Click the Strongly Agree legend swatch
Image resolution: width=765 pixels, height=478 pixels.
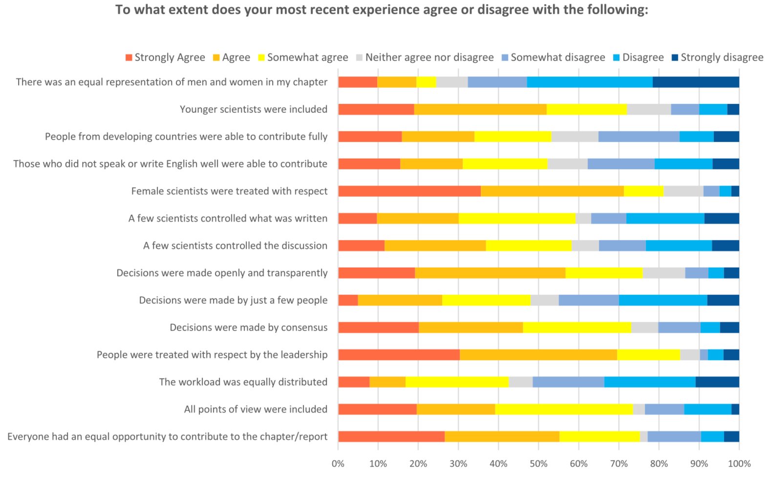pos(129,58)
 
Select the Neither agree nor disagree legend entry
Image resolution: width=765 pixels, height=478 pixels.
pos(429,58)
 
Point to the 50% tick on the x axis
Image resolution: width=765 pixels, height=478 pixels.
pos(538,463)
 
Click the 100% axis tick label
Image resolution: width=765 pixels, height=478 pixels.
pos(739,463)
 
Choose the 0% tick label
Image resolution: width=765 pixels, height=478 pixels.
pos(338,463)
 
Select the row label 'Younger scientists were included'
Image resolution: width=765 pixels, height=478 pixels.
pos(254,109)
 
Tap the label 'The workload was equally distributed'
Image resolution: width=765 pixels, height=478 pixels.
pos(243,382)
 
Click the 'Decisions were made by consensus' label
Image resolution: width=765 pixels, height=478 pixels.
pos(249,327)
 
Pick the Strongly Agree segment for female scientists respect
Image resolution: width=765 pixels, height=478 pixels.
pos(409,191)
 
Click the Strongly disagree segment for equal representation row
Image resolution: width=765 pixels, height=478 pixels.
pos(696,82)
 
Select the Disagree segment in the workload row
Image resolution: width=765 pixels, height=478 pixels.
pos(650,382)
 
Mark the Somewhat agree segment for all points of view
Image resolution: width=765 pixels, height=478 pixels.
pos(564,409)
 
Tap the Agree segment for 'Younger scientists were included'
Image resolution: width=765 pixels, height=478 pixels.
pos(480,109)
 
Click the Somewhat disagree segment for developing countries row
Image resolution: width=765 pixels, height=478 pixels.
pos(638,137)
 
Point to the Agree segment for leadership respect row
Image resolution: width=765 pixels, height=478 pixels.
pos(538,354)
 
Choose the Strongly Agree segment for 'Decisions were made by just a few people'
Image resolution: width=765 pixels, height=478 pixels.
pos(348,300)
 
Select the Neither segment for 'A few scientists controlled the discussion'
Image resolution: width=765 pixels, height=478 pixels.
pos(585,246)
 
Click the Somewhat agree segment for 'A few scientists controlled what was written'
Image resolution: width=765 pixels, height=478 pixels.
pos(517,218)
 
